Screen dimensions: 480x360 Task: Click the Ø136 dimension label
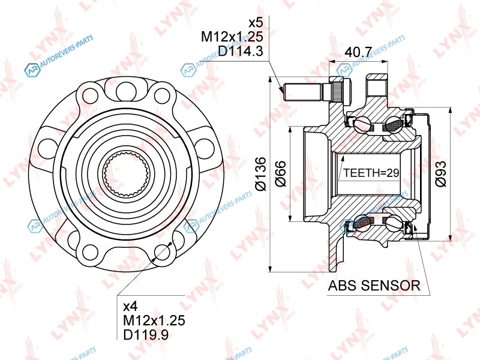261,174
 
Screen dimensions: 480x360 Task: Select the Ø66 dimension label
281,173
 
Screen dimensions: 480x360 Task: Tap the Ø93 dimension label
441,173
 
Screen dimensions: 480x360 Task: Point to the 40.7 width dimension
358,52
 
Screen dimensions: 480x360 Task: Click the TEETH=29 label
371,173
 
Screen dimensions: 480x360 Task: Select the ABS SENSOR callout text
374,286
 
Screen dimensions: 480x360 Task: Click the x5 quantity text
256,23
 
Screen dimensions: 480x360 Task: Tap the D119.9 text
146,335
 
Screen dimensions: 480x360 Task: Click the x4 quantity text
130,306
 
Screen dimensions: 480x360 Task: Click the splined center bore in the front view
126,175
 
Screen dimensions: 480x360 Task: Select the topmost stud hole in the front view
125,90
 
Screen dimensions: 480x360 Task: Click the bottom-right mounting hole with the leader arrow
162,252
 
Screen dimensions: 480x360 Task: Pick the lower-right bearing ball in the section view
393,223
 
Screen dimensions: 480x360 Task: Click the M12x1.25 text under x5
232,37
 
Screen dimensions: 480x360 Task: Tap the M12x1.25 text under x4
154,320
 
